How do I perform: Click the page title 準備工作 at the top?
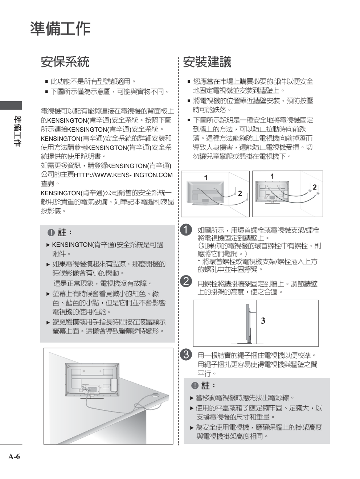(x=60, y=29)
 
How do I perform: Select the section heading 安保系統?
(x=65, y=62)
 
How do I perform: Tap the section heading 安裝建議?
(x=207, y=62)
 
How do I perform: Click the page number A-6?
(x=14, y=457)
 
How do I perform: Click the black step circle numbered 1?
(x=186, y=230)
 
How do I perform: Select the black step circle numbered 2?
(x=186, y=281)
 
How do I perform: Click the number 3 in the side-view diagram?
(x=263, y=321)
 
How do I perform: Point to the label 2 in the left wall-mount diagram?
(x=240, y=194)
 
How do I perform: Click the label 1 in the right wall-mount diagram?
(x=272, y=176)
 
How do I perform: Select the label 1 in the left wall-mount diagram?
(x=205, y=178)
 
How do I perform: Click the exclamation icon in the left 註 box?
(x=51, y=233)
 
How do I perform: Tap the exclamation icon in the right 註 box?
(x=195, y=385)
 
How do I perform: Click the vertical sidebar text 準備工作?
(x=17, y=131)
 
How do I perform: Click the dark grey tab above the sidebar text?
(x=11, y=105)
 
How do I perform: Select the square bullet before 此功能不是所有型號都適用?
(x=46, y=82)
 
